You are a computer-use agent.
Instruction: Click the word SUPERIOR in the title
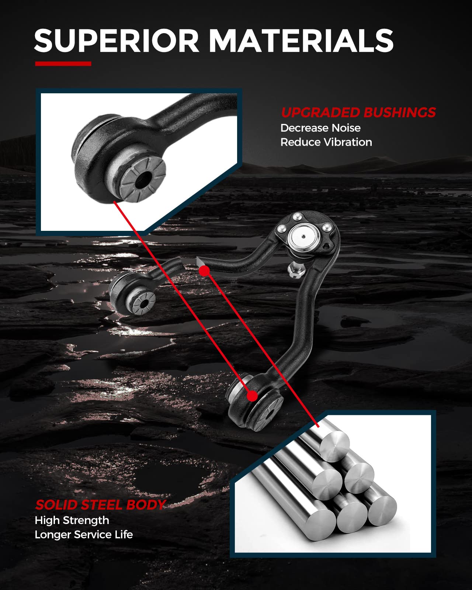pos(117,41)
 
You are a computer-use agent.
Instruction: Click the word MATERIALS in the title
pos(301,41)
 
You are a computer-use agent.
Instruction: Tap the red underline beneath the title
pos(63,64)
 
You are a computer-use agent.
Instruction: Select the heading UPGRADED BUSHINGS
pos(358,112)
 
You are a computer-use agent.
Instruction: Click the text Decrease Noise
pos(320,128)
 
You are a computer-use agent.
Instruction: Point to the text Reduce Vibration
pos(326,142)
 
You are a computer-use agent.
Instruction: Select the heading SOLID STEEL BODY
pos(100,505)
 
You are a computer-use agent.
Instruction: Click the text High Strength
pos(72,520)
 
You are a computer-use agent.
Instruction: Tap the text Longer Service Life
pos(84,535)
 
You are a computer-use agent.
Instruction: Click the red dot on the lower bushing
pos(252,396)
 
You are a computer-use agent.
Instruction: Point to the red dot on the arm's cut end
pos(204,271)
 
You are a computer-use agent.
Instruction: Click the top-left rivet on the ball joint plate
pos(281,229)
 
